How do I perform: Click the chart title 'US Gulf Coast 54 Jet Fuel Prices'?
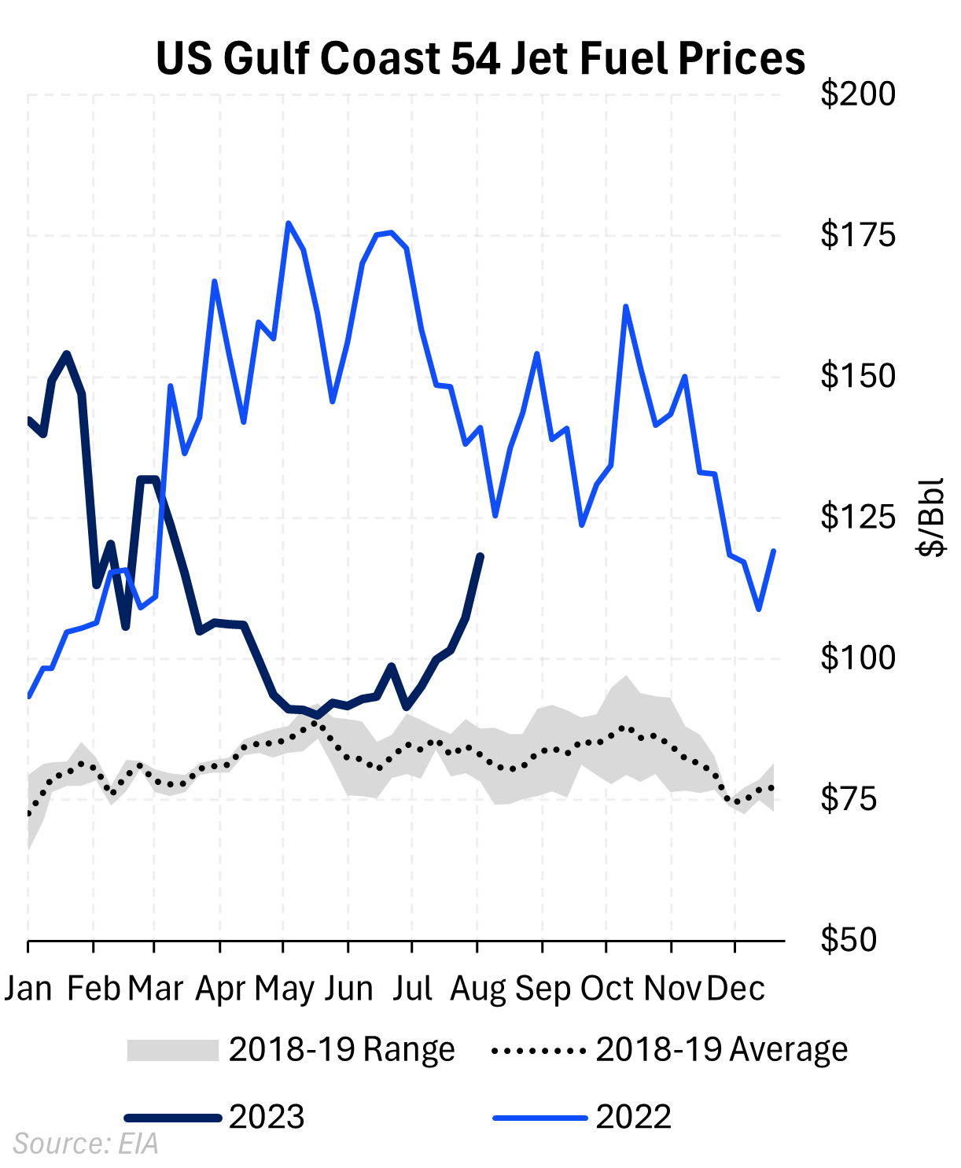click(x=480, y=58)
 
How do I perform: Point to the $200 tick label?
click(x=857, y=94)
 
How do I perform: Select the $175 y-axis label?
click(x=857, y=235)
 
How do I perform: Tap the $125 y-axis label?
click(x=857, y=517)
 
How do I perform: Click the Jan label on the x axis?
click(x=28, y=989)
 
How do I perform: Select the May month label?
click(x=284, y=989)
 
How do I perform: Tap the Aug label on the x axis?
click(x=478, y=989)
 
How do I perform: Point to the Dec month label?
click(x=735, y=989)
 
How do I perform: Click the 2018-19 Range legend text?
click(x=341, y=1050)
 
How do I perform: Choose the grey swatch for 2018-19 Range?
click(x=172, y=1050)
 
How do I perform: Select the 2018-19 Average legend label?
click(x=721, y=1050)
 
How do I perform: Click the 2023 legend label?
click(x=267, y=1117)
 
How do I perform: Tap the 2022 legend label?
click(x=633, y=1117)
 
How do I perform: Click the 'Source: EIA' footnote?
click(x=86, y=1144)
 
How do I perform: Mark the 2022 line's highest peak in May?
click(x=289, y=223)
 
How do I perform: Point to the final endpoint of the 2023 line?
click(x=480, y=556)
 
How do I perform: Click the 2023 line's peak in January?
click(x=67, y=354)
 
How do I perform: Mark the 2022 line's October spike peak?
click(x=625, y=307)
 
